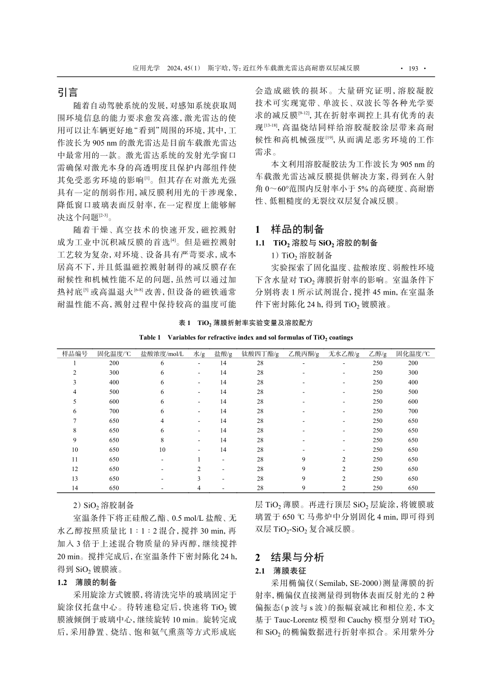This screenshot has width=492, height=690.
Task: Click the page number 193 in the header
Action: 413,68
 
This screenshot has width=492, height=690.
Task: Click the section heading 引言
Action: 68,93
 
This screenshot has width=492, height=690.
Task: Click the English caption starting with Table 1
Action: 246,337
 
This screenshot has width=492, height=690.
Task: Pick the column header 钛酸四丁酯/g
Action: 260,354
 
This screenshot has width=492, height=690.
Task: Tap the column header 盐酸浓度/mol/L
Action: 162,354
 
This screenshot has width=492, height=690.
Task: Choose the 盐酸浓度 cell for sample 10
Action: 162,450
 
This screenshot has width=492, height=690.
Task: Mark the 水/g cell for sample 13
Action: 198,479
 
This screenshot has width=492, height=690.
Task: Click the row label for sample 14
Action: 75,488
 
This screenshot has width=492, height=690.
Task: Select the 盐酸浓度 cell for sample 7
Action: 162,421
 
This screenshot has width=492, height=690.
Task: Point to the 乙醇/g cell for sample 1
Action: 377,363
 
